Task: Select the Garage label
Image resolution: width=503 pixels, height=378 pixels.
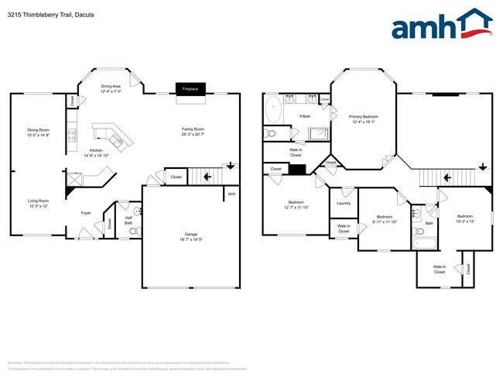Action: [x=190, y=234]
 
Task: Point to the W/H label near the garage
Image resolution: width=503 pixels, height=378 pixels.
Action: [x=231, y=194]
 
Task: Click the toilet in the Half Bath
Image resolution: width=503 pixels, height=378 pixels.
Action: [x=136, y=211]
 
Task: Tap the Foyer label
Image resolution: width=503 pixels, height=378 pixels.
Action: [x=87, y=211]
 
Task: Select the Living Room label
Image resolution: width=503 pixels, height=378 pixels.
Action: [x=39, y=201]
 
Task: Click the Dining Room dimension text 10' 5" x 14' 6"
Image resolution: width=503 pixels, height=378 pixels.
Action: [x=39, y=135]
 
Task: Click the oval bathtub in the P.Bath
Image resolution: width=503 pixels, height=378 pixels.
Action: [x=273, y=110]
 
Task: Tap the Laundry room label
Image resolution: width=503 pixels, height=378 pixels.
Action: [x=344, y=203]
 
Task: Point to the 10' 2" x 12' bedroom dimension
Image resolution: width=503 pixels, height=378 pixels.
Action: [x=464, y=222]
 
